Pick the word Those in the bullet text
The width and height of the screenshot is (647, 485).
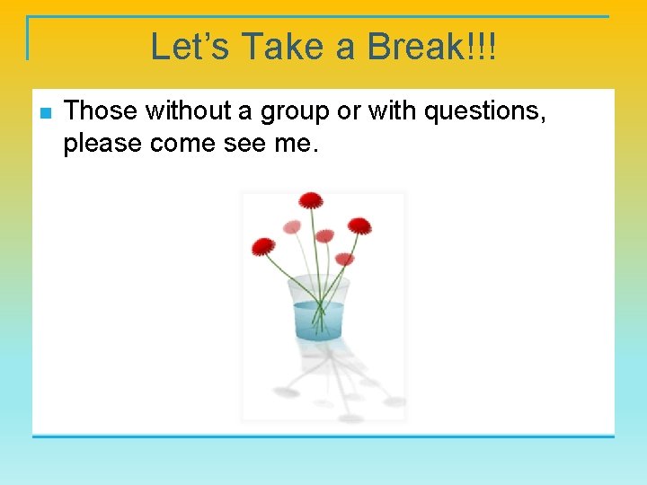pyautogui.click(x=102, y=111)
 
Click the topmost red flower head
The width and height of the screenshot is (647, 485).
pyautogui.click(x=311, y=199)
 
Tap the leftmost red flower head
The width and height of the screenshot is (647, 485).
pyautogui.click(x=262, y=246)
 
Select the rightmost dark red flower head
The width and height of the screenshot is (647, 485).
pyautogui.click(x=359, y=225)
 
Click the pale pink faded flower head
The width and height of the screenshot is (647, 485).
pyautogui.click(x=292, y=227)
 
